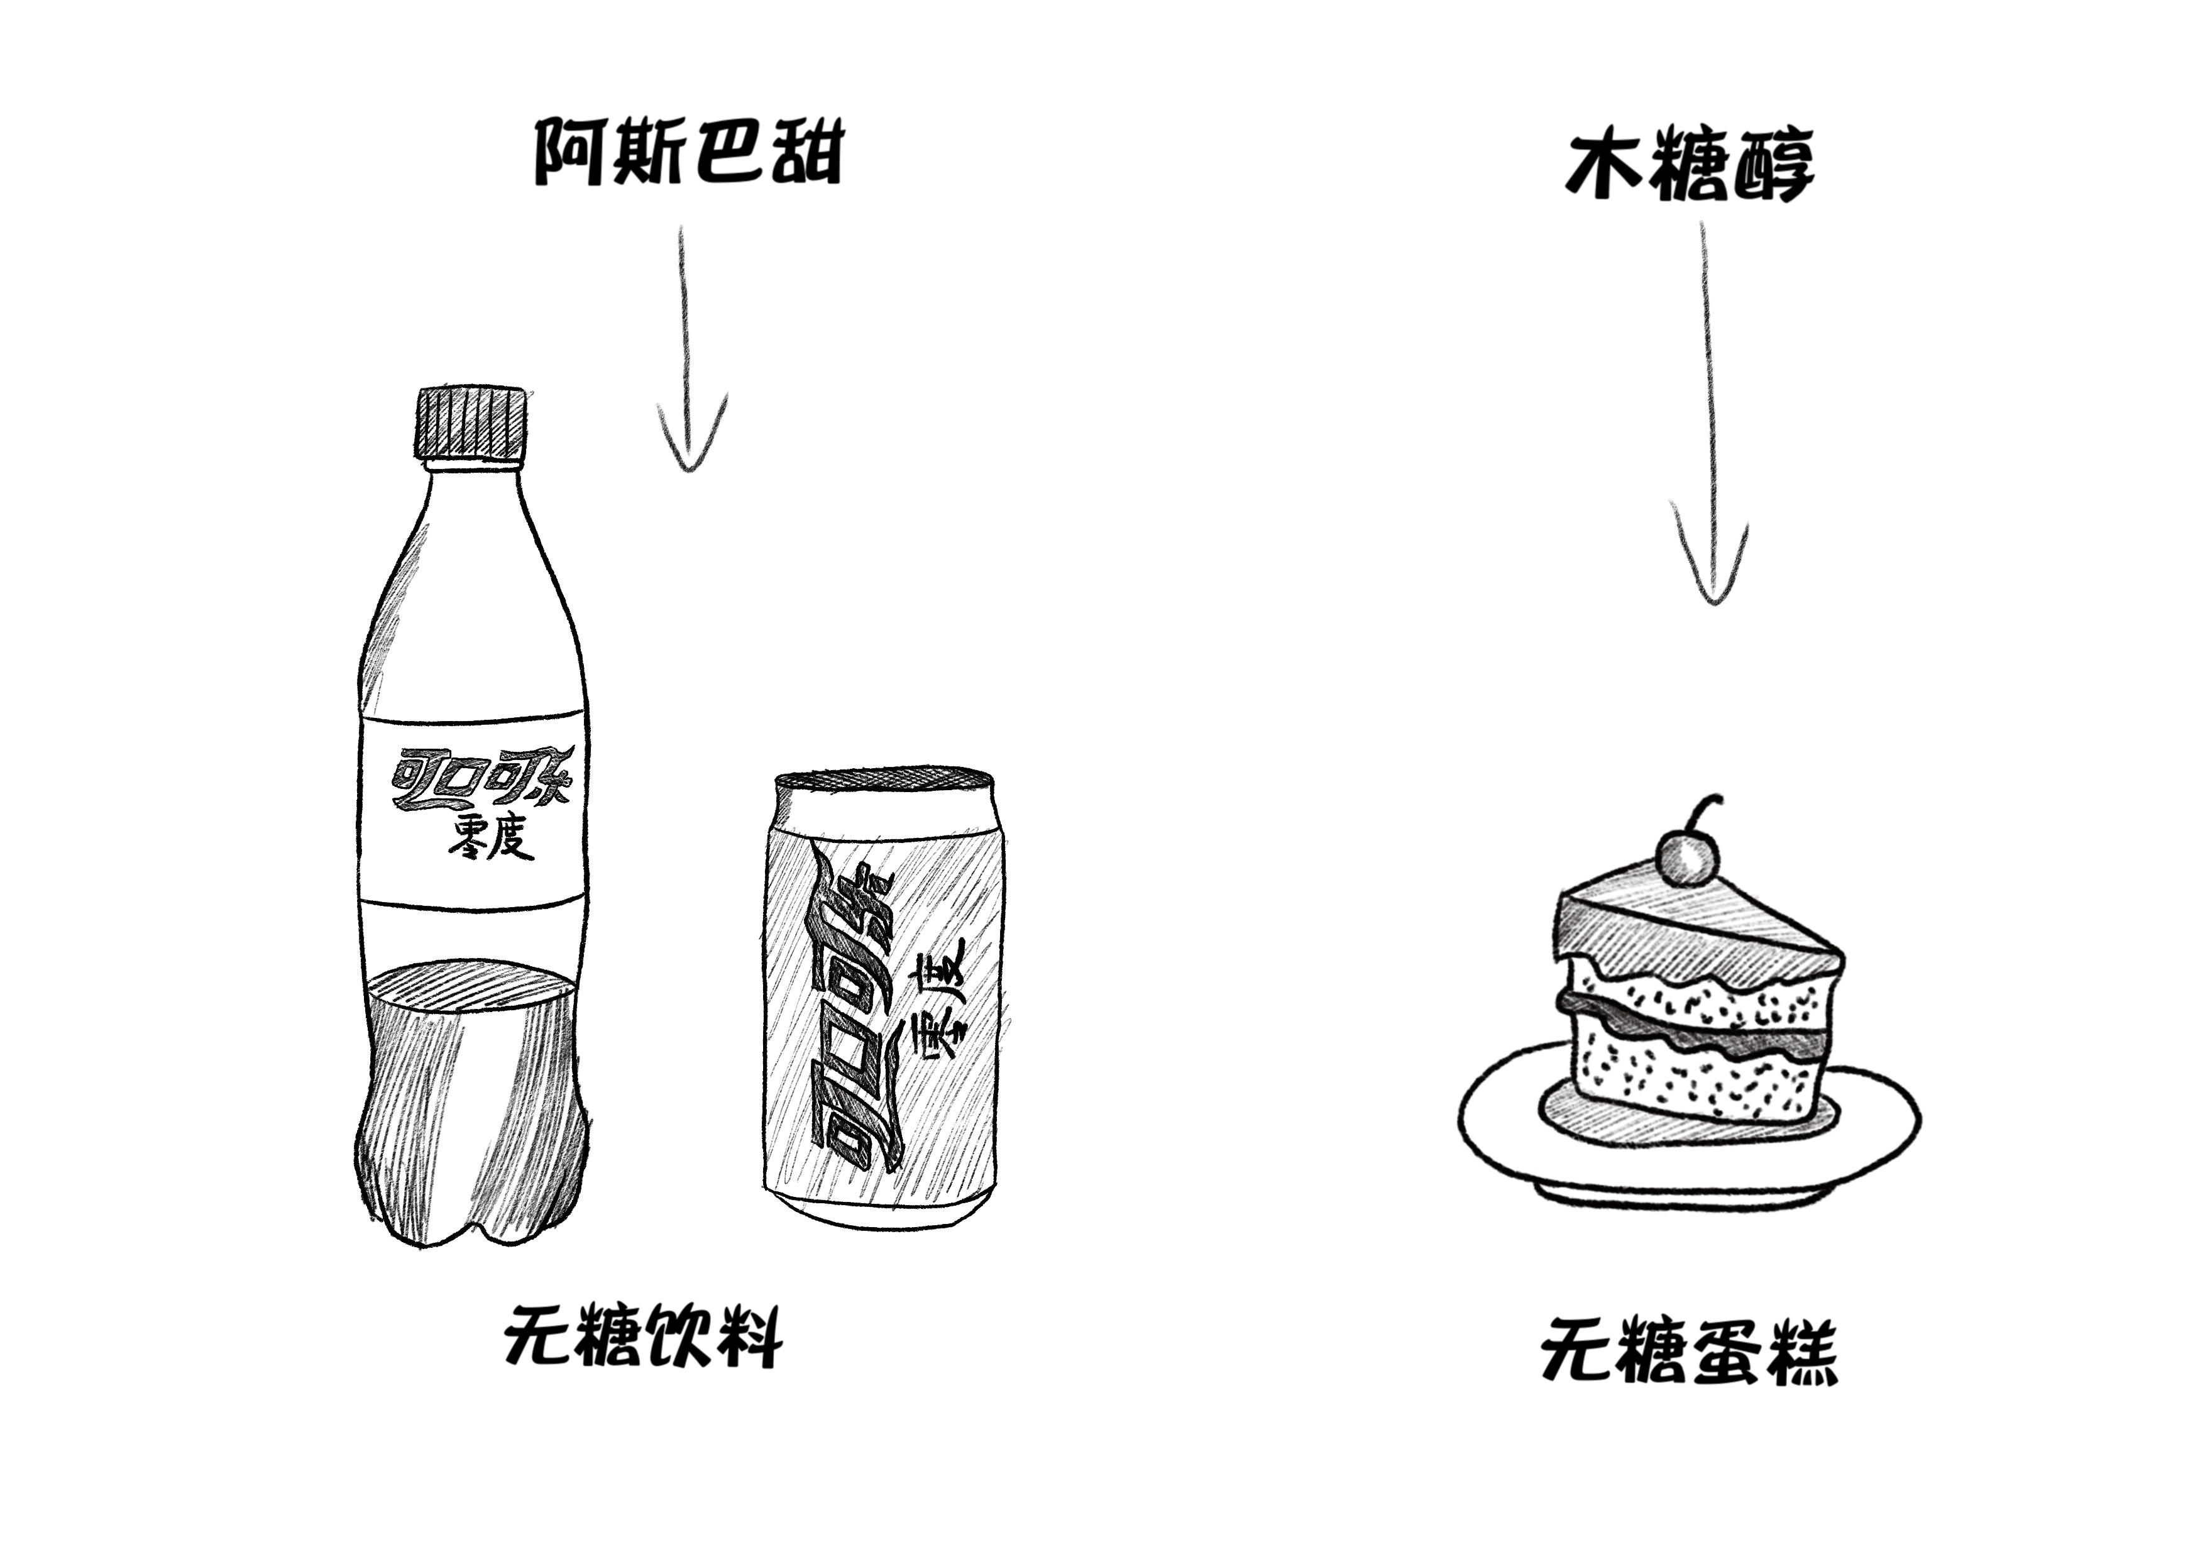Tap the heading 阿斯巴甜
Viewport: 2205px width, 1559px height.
686,151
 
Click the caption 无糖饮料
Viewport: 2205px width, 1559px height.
642,1336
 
